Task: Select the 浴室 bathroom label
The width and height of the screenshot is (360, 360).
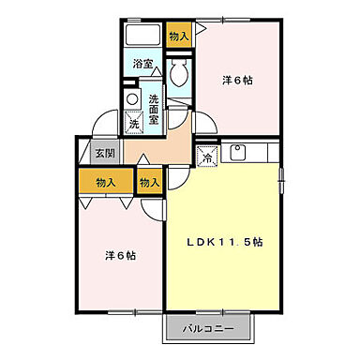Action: pos(142,65)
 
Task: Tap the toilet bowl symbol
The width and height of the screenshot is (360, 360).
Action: pos(181,74)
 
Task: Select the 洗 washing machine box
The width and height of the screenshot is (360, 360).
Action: pos(134,122)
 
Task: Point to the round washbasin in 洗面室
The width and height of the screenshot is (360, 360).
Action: pos(132,98)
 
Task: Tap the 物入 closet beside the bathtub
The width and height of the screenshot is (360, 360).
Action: pos(178,36)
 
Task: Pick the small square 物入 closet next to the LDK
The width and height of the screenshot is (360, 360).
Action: pos(150,182)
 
